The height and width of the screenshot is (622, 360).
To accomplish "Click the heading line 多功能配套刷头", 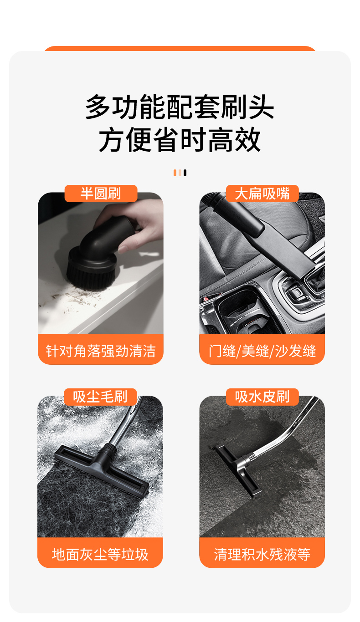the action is coord(180,107).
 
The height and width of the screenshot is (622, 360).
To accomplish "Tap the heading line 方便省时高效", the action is coord(180,139).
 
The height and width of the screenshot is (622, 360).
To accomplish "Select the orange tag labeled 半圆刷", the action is coord(101,194).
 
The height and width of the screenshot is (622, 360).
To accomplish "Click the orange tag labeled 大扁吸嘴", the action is coord(262,194).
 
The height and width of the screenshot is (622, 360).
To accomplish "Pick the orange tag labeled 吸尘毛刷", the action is coord(100,397).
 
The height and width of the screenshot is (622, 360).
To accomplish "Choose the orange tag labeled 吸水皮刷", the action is coord(262,397).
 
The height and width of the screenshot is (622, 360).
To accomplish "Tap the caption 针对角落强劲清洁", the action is coord(101,351).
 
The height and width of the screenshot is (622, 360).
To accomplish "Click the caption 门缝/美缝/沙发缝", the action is coord(262,351).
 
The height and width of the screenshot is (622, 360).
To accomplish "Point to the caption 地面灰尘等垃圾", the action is coord(100,554).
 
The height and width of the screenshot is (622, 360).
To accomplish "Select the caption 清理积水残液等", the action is coord(262,554).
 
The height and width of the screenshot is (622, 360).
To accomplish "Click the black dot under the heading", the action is coord(185,173).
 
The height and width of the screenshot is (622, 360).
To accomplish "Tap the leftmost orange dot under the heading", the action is coord(175,173).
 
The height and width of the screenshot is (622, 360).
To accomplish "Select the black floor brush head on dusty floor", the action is coord(102,470).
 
